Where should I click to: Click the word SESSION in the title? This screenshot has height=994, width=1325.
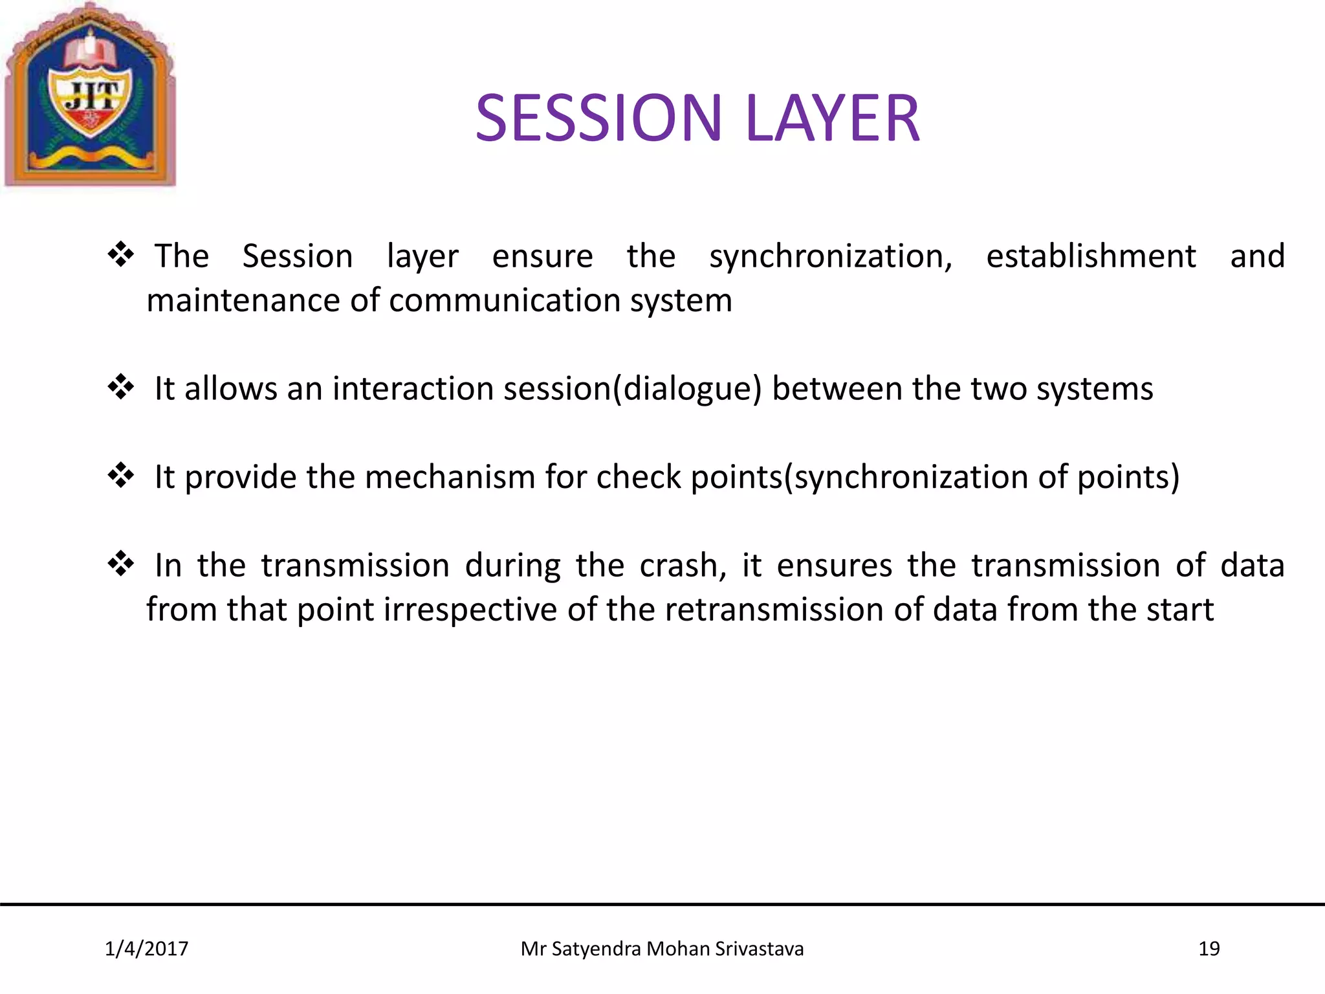[598, 118]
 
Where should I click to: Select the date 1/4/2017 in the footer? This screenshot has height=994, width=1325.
[146, 949]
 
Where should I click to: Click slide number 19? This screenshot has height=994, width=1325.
[1209, 949]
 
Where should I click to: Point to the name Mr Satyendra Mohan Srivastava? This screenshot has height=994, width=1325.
[662, 949]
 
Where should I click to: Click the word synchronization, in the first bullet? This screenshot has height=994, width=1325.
[831, 257]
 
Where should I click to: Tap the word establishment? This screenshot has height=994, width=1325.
[1091, 256]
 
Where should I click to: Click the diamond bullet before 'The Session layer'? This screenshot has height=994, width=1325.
[121, 254]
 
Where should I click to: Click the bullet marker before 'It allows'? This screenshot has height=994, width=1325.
[121, 387]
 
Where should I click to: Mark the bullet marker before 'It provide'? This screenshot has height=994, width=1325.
[121, 476]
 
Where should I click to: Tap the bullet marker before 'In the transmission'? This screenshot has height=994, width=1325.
[121, 564]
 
